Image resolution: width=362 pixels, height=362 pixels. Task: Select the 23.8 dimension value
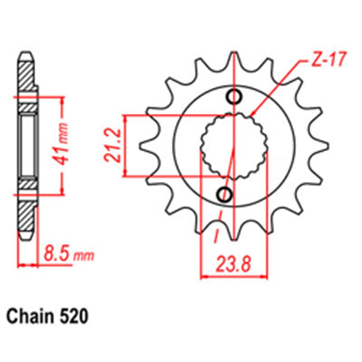pyautogui.click(x=233, y=265)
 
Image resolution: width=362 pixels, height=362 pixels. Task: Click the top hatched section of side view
pyautogui.click(x=27, y=76)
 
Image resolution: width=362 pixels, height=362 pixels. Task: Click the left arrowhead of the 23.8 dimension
pyautogui.click(x=202, y=278)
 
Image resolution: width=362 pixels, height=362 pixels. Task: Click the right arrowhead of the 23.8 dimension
pyautogui.click(x=266, y=278)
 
